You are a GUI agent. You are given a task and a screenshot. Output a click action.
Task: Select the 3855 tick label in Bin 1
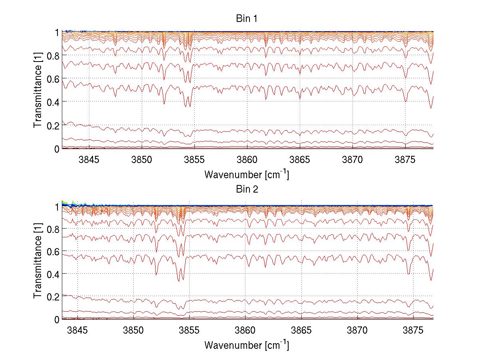(x=194, y=160)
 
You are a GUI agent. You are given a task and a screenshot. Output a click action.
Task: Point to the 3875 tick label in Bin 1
(x=405, y=160)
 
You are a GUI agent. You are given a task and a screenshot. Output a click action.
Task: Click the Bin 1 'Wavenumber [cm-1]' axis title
(x=247, y=175)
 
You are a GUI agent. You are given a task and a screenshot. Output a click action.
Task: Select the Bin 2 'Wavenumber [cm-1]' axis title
(x=247, y=345)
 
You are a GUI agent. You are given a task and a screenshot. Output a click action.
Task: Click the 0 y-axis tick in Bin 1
(x=57, y=149)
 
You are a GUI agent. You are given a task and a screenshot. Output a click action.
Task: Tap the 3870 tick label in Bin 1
(x=352, y=160)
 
